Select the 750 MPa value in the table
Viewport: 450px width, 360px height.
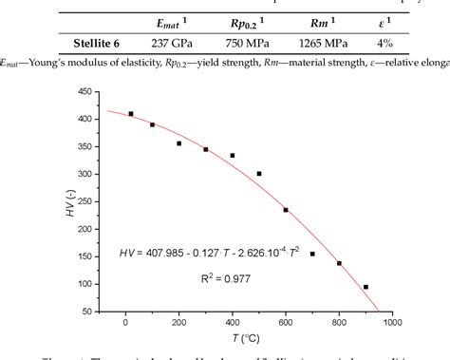tap(261, 42)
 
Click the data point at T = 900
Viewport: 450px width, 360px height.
tap(366, 286)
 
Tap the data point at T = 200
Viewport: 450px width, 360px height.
tap(178, 143)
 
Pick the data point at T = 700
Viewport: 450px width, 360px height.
tap(312, 254)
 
